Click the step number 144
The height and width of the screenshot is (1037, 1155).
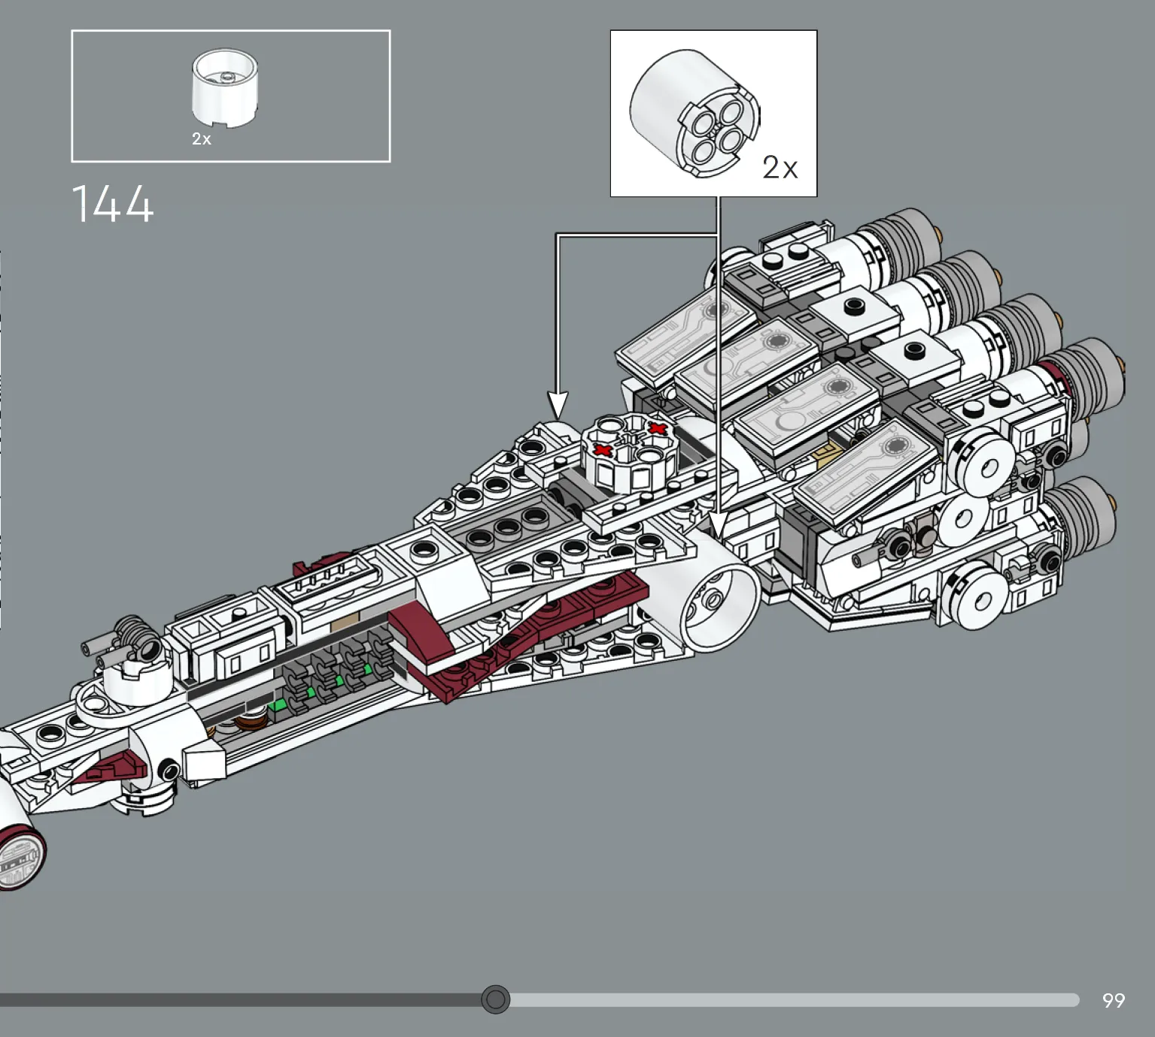pyautogui.click(x=112, y=203)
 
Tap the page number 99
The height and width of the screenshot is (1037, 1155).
pyautogui.click(x=1114, y=1000)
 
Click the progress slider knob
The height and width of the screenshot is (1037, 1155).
pyautogui.click(x=495, y=999)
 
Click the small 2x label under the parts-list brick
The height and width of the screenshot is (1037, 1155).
pyautogui.click(x=201, y=138)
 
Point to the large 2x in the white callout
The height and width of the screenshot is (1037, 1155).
pyautogui.click(x=780, y=168)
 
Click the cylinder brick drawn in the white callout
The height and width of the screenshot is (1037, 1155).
pyautogui.click(x=695, y=113)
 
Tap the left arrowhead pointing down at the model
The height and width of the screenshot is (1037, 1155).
pyautogui.click(x=558, y=405)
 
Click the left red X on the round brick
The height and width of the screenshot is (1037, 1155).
pyautogui.click(x=603, y=450)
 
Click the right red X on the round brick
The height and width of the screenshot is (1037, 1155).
pyautogui.click(x=658, y=429)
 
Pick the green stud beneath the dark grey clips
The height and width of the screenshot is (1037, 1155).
pyautogui.click(x=279, y=705)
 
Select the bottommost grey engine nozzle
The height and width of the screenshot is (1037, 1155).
pyautogui.click(x=1081, y=516)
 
